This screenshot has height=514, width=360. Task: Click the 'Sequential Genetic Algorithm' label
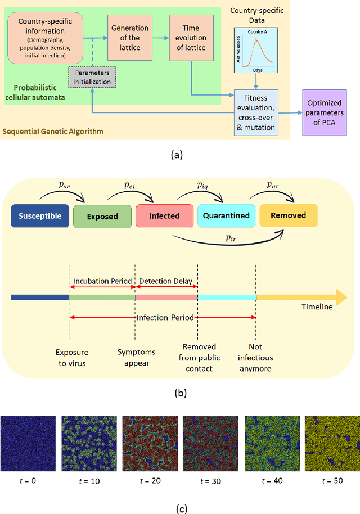click(53, 132)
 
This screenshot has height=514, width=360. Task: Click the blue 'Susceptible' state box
click(39, 215)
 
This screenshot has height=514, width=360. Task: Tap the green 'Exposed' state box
click(102, 216)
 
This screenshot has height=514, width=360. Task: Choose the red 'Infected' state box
click(164, 215)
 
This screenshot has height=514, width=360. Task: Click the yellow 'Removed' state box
click(288, 215)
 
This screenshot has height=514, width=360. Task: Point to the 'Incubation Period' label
click(101, 281)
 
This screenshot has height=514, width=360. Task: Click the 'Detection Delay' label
click(166, 281)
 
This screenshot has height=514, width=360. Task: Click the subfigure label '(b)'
click(179, 393)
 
